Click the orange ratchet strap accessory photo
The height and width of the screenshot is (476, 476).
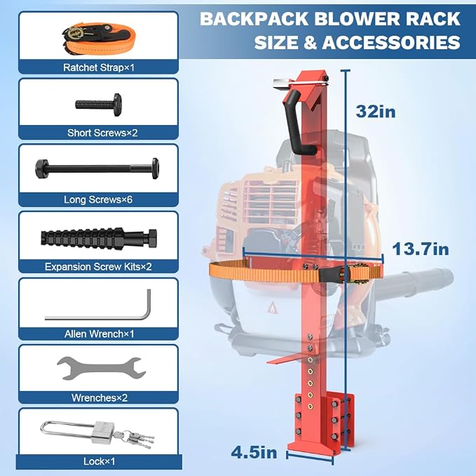99,38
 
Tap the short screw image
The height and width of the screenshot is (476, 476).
99,105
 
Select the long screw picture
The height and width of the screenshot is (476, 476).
97,168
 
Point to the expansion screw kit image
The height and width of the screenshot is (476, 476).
99,238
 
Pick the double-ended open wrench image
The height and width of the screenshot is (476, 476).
102,368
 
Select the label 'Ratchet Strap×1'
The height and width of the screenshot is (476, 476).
99,67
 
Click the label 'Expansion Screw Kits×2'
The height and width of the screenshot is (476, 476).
98,267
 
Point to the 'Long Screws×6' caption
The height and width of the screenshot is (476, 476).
98,199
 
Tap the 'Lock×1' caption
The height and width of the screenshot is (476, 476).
100,461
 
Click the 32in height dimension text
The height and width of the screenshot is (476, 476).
376,111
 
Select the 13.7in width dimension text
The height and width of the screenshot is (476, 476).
421,249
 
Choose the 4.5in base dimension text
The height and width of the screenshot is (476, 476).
254,452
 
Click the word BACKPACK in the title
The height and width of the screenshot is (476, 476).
254,19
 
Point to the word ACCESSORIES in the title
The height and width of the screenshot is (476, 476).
391,42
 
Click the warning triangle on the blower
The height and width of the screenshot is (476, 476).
273,308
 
